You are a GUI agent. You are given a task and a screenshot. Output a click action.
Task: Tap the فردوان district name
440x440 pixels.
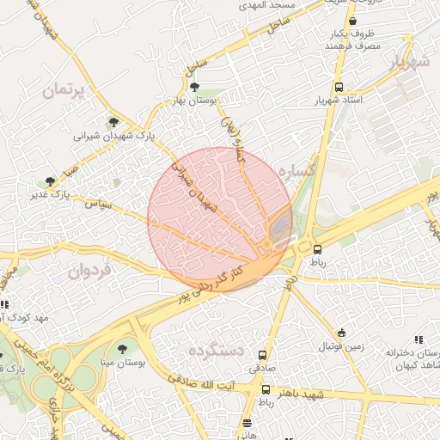[90, 272]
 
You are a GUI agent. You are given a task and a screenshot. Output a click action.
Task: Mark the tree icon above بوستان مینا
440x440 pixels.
[123, 349]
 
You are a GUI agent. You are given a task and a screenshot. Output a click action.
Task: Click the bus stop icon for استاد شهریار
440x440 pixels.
[340, 87]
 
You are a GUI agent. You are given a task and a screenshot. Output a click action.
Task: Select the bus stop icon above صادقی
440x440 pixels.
[262, 354]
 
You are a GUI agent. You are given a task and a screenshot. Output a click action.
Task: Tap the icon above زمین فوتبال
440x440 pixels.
[342, 333]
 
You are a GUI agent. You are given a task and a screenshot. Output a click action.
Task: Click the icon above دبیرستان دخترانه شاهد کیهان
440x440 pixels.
[419, 339]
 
